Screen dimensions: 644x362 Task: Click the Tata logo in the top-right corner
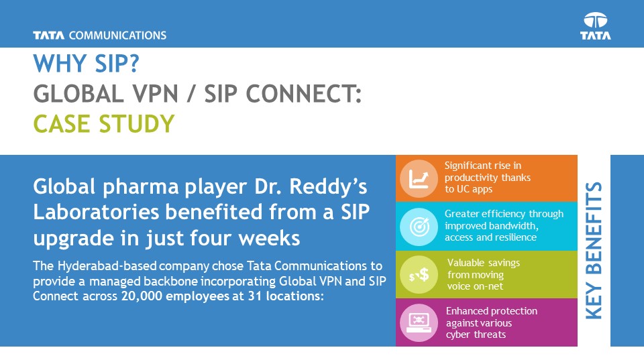596,26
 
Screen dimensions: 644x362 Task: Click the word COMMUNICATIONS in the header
117,36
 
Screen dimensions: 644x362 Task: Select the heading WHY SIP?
87,64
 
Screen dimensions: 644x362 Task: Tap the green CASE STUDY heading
104,124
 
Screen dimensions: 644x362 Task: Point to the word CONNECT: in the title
303,94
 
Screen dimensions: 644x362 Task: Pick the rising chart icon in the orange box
419,178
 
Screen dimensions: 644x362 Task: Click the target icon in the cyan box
419,227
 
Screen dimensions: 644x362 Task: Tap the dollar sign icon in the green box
419,275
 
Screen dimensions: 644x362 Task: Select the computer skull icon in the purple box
419,322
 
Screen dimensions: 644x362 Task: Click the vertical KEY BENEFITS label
594,250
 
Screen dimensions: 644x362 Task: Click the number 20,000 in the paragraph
142,296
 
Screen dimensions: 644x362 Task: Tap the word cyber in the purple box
457,335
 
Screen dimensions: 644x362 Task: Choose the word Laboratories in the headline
96,213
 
